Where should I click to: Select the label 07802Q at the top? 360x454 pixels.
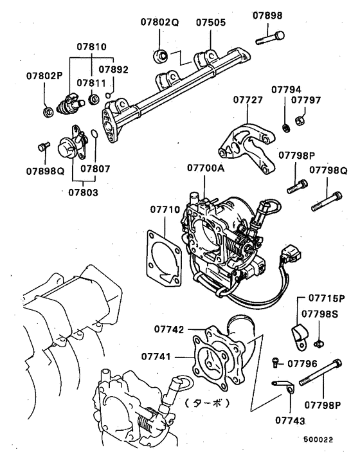click(159, 21)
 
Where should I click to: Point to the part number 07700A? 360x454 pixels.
click(206, 168)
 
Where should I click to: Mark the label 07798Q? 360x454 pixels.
click(328, 170)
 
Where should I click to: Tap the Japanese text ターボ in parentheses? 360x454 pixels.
click(208, 404)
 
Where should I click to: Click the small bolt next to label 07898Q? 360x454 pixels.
click(43, 146)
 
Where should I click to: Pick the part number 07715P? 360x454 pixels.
click(326, 298)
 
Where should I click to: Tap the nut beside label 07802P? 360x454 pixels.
click(48, 113)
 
